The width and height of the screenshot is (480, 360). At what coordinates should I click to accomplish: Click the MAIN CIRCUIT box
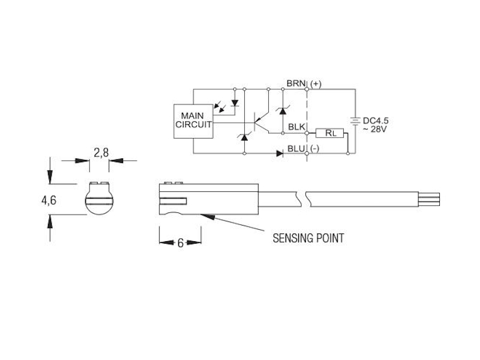click(x=193, y=121)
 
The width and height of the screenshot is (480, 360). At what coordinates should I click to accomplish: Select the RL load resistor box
click(x=329, y=133)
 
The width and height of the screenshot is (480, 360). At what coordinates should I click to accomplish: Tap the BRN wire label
click(x=296, y=83)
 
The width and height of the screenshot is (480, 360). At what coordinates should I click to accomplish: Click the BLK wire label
click(x=296, y=127)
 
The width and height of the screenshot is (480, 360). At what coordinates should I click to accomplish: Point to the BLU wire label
click(x=296, y=149)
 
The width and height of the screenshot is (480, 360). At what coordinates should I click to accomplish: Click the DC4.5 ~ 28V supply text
click(x=376, y=125)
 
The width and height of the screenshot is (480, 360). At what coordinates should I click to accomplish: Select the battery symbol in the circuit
click(x=355, y=121)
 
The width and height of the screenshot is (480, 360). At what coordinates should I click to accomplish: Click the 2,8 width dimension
click(x=101, y=152)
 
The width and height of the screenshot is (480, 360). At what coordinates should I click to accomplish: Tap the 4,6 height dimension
click(x=49, y=200)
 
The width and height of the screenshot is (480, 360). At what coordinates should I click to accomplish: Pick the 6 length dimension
click(x=181, y=243)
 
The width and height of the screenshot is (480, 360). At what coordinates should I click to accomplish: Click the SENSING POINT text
click(x=308, y=238)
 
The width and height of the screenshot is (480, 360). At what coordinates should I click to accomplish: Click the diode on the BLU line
click(x=280, y=154)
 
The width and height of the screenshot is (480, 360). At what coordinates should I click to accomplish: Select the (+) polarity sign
click(x=316, y=84)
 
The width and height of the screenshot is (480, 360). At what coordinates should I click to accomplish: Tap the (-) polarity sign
click(x=314, y=149)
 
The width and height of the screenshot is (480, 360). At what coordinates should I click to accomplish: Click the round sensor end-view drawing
click(x=99, y=198)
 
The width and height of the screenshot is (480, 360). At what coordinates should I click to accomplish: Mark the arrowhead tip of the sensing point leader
click(x=200, y=214)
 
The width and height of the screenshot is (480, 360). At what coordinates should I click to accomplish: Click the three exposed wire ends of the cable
click(x=429, y=199)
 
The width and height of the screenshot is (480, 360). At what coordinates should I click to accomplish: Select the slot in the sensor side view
click(x=173, y=201)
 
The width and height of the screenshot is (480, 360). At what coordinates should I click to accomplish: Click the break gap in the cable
click(x=302, y=199)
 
